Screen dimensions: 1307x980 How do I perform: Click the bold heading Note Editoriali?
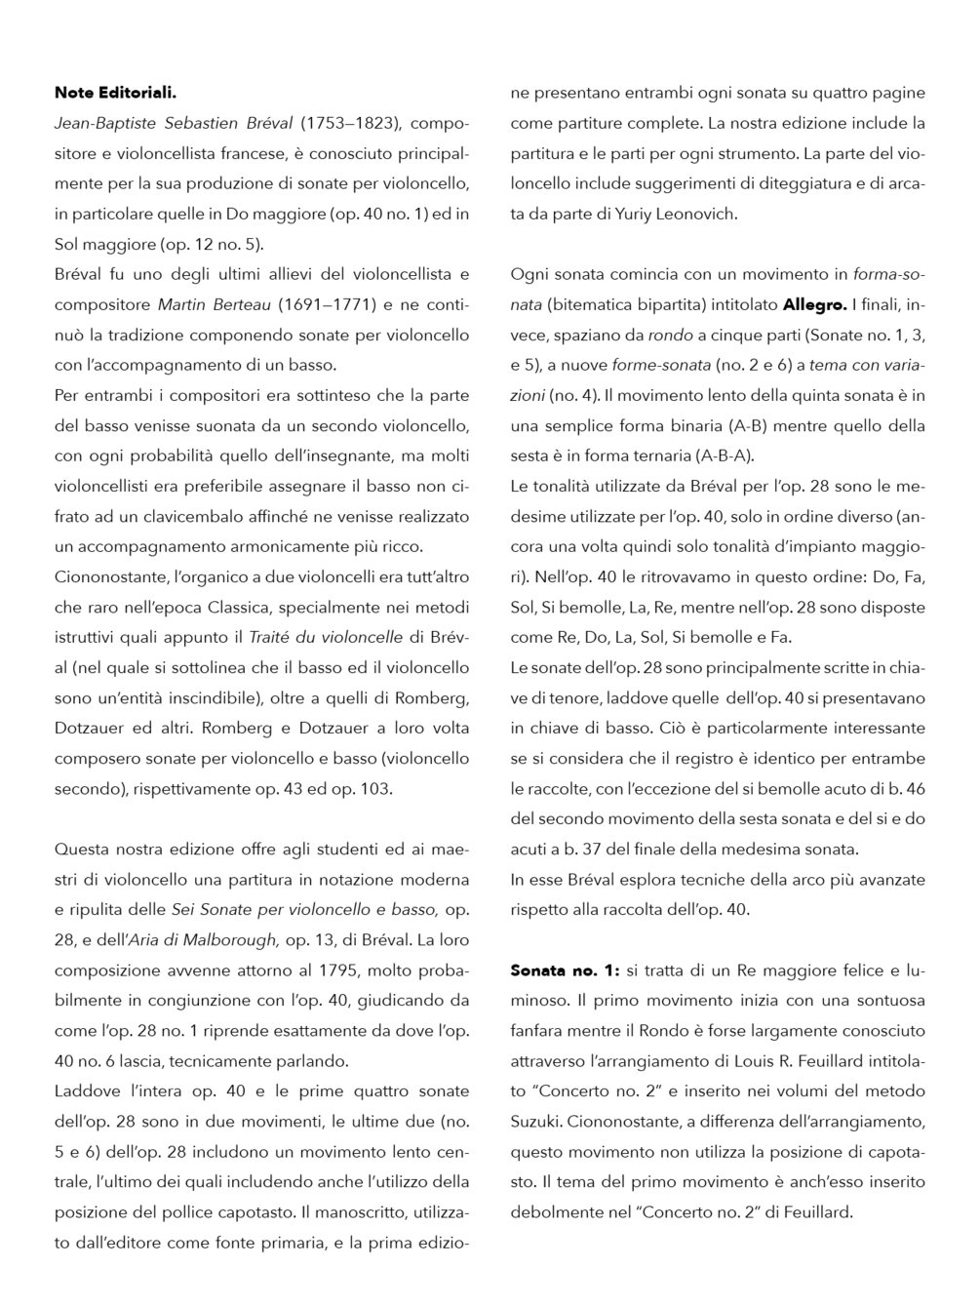(115, 94)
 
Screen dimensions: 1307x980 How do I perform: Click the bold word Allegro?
(814, 305)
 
